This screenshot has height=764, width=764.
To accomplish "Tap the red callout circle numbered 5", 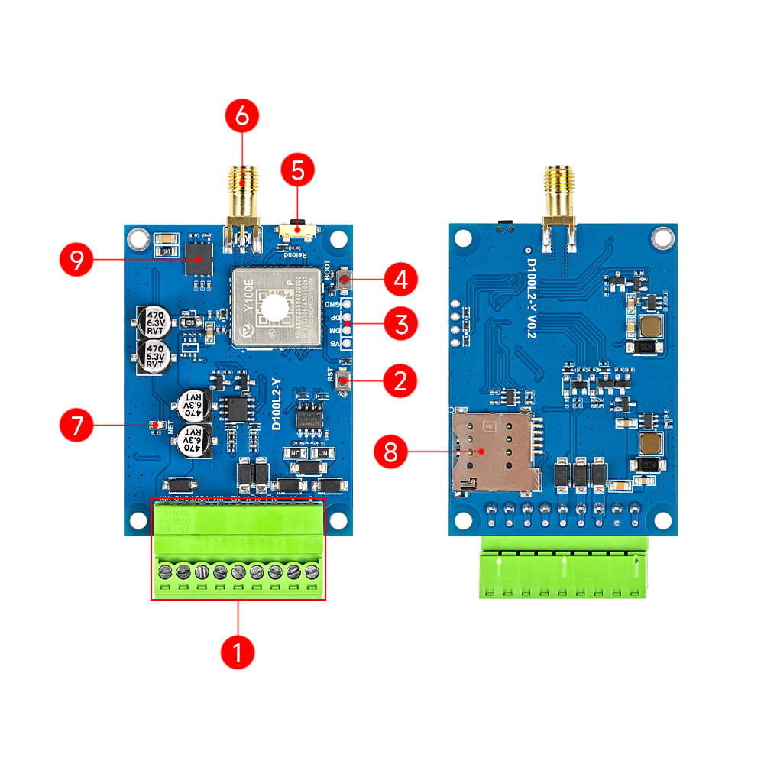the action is (299, 170).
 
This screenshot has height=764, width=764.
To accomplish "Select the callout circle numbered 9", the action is (76, 261).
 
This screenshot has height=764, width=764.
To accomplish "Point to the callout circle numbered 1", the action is (237, 653).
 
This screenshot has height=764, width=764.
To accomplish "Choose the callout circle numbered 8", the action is (390, 452).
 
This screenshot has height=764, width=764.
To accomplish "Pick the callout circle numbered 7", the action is (76, 426).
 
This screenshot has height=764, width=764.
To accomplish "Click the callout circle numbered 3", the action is (400, 324).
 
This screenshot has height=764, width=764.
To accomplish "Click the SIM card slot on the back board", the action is (495, 452).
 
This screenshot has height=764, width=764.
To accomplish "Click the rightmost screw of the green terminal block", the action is (311, 571).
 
